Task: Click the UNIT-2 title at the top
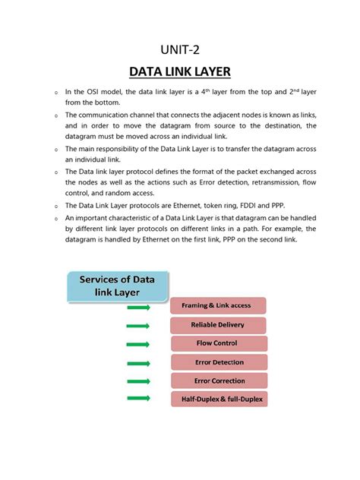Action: coord(180,50)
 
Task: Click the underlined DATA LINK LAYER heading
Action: coord(180,73)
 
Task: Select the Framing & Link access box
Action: coord(217,306)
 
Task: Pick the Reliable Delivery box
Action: coord(217,325)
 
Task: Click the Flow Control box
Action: coord(217,344)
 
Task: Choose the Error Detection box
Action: coord(219,362)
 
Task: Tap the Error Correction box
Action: coord(219,381)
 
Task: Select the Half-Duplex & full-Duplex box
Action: coord(219,399)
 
